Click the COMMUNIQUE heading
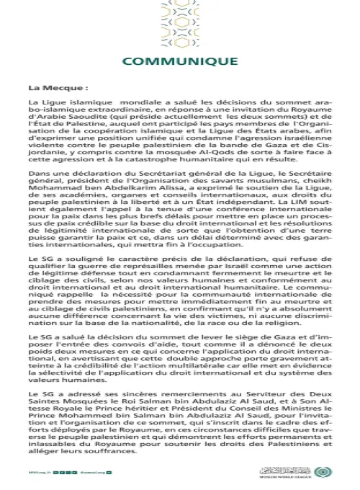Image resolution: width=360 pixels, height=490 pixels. (179, 62)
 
